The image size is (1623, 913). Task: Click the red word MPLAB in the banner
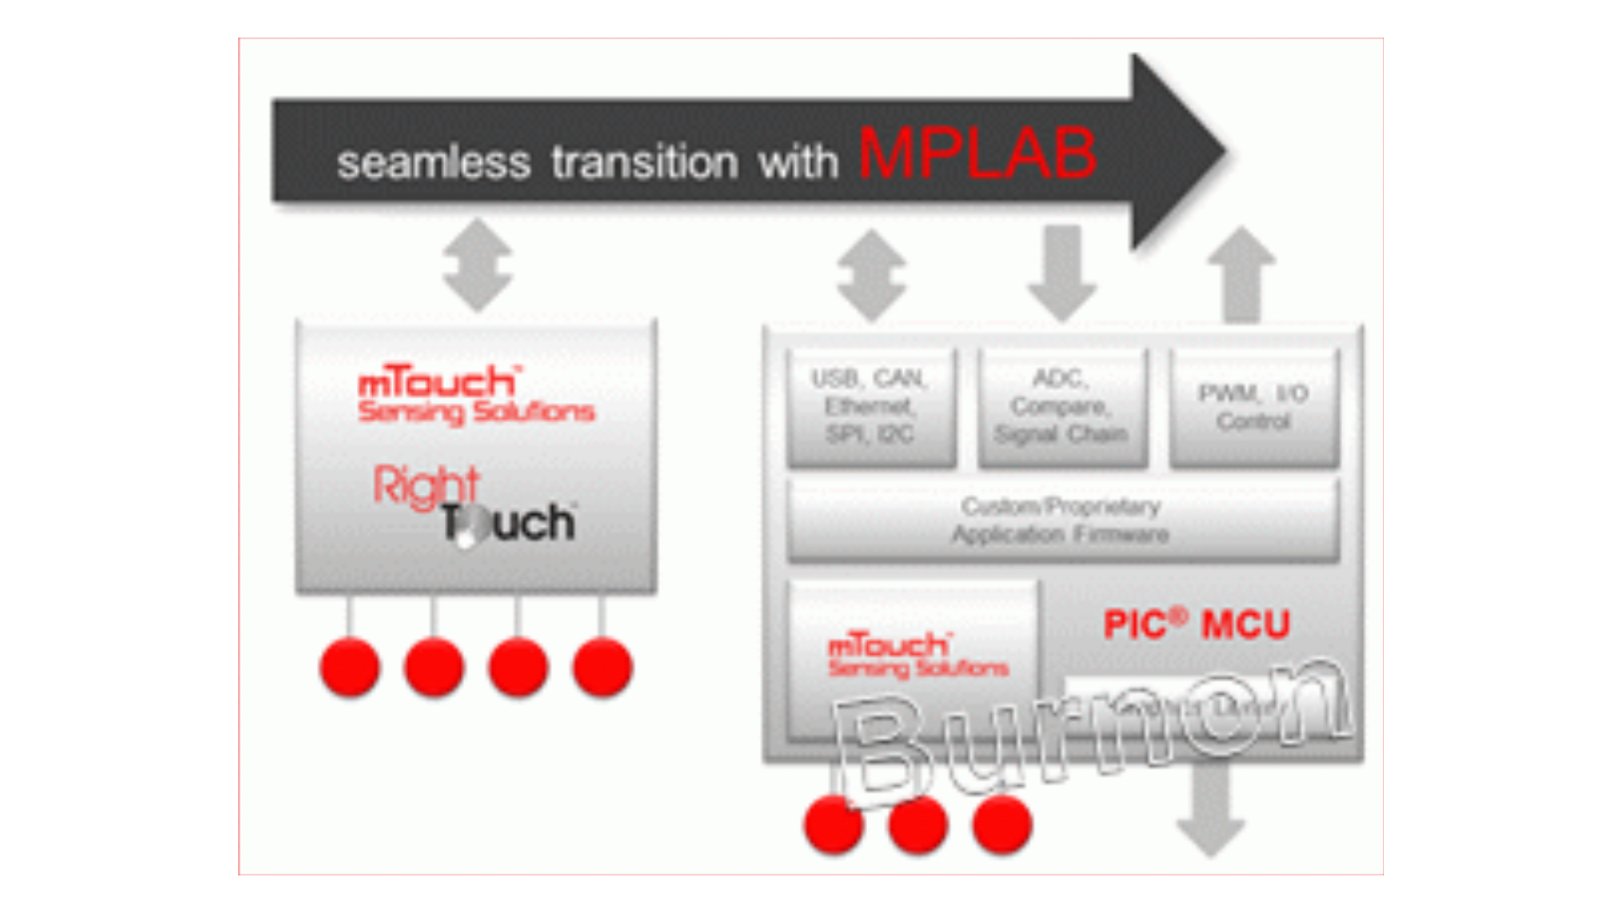pos(977,154)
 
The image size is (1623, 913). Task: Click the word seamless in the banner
pos(433,162)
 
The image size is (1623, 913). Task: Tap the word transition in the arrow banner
pos(645,161)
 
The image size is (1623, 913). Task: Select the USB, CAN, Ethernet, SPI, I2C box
pos(870,406)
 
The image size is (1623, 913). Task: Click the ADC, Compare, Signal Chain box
pos(1062,406)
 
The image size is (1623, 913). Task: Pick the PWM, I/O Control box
pos(1253,406)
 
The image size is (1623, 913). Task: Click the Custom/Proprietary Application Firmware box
pos(1062,520)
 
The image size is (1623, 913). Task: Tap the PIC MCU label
pos(1197,625)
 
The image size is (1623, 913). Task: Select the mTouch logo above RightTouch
pos(475,395)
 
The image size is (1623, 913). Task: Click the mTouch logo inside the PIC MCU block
pos(917,655)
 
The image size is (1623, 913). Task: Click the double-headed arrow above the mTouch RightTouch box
pos(477,265)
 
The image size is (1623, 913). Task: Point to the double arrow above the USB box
pos(871,275)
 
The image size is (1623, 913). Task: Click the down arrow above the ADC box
pos(1062,273)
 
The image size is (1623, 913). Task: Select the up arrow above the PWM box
pos(1242,273)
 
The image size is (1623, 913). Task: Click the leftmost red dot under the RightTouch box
pos(350,666)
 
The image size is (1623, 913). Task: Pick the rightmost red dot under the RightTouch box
pos(602,666)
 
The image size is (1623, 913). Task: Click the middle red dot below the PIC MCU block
pos(917,824)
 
